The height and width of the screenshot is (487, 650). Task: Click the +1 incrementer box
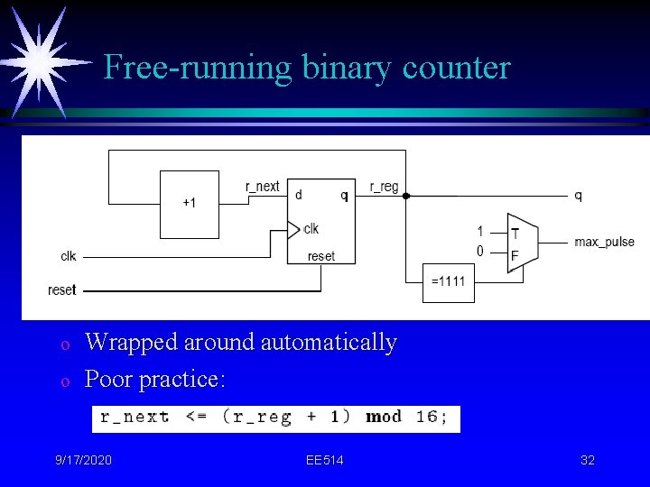tap(190, 204)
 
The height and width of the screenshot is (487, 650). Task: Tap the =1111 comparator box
tap(449, 281)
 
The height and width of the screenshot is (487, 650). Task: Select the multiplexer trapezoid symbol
tap(522, 243)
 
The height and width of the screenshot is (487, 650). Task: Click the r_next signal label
tap(263, 187)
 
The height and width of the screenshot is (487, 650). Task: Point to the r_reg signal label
tap(384, 187)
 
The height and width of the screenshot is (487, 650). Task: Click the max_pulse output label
tap(604, 243)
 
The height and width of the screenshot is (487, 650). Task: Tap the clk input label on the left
tap(69, 256)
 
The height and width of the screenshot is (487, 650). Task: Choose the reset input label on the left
tap(62, 289)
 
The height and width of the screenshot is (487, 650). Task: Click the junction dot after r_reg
tap(406, 196)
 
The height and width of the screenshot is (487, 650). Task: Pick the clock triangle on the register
tap(292, 229)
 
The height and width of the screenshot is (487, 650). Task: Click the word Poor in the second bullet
tap(107, 380)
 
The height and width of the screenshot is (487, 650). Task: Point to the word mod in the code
tap(384, 418)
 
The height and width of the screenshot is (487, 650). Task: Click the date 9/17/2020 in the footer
tap(82, 461)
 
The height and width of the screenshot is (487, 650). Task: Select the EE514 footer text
tap(324, 461)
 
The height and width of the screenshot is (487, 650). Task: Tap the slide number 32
tap(587, 461)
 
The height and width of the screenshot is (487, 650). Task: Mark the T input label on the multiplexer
tap(515, 232)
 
